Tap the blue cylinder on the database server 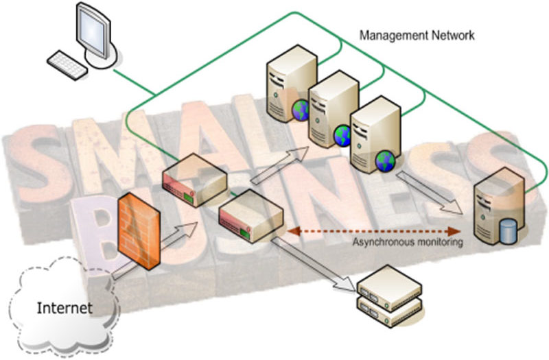[x=509, y=230]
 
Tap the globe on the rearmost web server [x=301, y=112]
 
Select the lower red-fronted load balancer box [x=250, y=219]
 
